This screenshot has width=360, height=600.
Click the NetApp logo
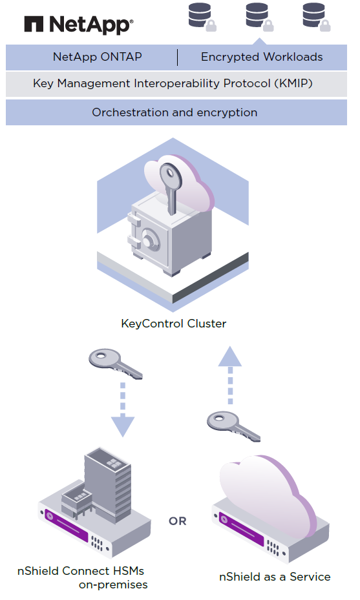pos(79,25)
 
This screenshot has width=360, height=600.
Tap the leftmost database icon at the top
pos(202,17)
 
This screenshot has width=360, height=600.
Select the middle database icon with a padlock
pos(259,17)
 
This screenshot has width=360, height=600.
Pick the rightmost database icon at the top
pos(316,17)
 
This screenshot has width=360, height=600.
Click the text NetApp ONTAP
pos(98,57)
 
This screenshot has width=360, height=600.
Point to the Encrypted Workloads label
pos(262,57)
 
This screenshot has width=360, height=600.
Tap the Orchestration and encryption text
pos(175,112)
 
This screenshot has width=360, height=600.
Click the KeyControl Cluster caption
pos(173,324)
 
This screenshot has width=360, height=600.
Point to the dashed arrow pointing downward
pos(123,409)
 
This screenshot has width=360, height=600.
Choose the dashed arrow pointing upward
pos(230,375)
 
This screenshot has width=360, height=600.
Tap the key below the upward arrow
pos(233,426)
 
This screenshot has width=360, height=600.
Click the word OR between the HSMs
pos(178,521)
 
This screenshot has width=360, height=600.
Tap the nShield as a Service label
pos(275,577)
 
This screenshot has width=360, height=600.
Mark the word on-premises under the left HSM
pos(113,585)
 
